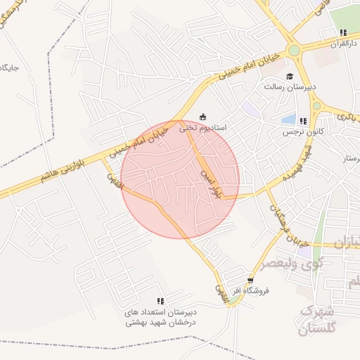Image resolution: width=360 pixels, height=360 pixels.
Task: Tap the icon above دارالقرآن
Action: coord(342,32)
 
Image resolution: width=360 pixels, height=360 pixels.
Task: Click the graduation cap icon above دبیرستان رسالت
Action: coord(289,77)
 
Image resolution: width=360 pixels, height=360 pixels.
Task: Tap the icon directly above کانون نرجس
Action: coord(302,121)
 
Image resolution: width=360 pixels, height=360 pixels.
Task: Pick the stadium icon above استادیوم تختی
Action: coord(203,117)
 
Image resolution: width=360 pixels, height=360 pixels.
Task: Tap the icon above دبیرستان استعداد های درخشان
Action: coord(160,301)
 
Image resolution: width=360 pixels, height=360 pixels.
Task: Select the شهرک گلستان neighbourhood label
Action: coord(320,321)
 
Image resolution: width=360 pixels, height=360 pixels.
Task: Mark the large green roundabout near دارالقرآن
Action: coord(294,50)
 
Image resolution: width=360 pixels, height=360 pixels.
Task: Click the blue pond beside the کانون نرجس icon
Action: coord(289,119)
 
